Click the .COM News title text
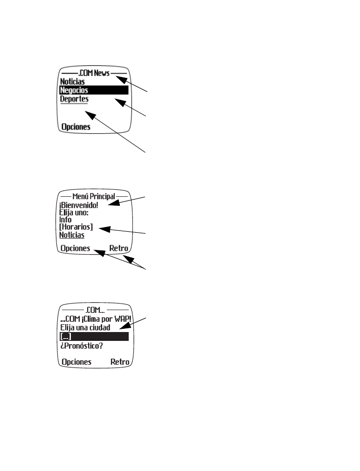94,73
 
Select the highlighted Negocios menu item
94,90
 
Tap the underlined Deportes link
74,99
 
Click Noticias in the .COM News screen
72,82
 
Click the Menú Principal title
94,196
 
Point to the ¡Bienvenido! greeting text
79,205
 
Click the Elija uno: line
74,213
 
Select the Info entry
65,220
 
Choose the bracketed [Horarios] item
76,227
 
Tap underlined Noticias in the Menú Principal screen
72,235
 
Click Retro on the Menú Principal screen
118,248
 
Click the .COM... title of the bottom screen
95,310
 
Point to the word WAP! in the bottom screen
123,319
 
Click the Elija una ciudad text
85,327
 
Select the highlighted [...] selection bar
94,336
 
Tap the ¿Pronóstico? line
82,346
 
